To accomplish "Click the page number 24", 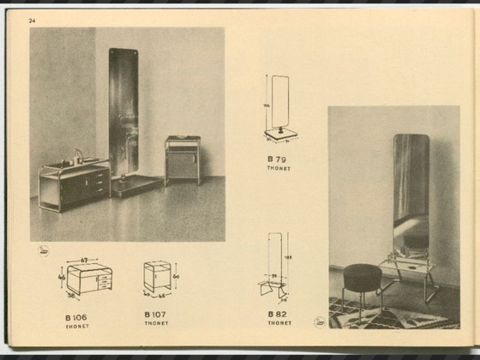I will pos(33,20).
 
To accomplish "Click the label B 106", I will pos(75,315).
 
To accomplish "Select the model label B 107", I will pos(156,315).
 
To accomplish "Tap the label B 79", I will pos(276,160).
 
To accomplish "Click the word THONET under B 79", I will pos(278,169).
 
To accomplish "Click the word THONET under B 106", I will pos(75,324).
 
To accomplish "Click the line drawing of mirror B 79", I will pos(278,107).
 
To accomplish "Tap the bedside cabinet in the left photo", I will pos(183,160).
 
